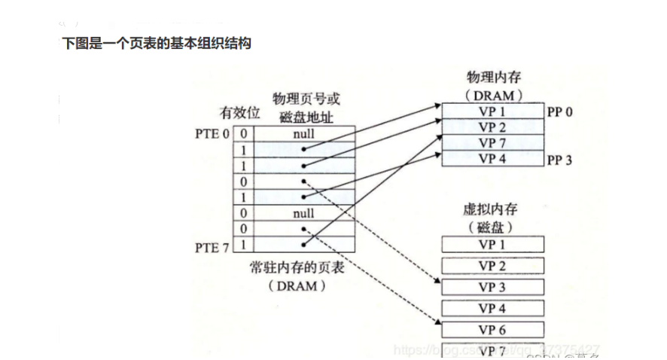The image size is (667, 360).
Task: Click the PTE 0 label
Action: coord(212,133)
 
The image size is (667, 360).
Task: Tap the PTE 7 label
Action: coord(212,246)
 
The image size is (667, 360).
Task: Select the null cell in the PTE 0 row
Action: coord(304,134)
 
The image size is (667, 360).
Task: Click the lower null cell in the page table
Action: coord(304,213)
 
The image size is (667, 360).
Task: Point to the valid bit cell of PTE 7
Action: coord(243,245)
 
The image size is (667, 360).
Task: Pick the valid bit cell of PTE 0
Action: coord(243,134)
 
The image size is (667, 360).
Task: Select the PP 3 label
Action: coord(560,159)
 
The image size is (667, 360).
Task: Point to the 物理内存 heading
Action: coord(493,78)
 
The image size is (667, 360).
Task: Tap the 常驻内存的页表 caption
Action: coord(297,267)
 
